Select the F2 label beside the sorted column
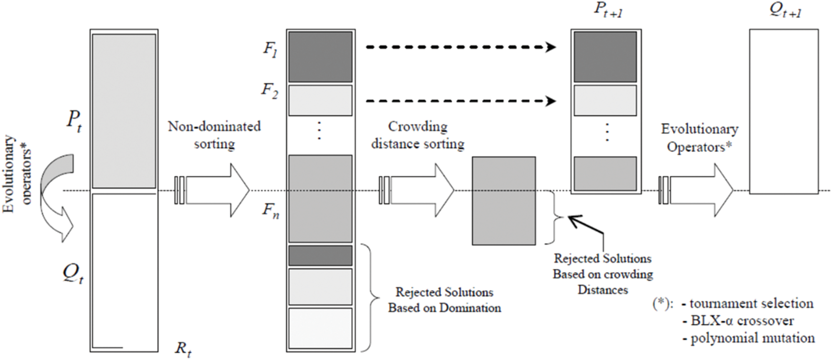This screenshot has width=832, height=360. [270, 91]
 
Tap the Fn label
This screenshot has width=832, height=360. [271, 211]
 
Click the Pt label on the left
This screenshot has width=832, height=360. [74, 121]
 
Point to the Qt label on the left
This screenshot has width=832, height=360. [73, 274]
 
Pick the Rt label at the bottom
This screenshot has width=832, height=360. [183, 350]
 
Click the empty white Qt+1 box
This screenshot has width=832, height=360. [784, 111]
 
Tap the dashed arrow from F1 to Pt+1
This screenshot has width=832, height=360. [460, 47]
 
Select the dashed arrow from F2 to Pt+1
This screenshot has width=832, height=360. [460, 101]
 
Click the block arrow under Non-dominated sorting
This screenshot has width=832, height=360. [211, 191]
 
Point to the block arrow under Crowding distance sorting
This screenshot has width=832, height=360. [417, 191]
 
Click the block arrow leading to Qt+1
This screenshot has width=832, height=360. [696, 191]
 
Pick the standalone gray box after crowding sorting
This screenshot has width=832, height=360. [504, 201]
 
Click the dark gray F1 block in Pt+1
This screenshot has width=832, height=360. [605, 57]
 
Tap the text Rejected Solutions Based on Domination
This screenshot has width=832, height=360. [445, 300]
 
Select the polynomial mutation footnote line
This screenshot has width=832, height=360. [749, 338]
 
